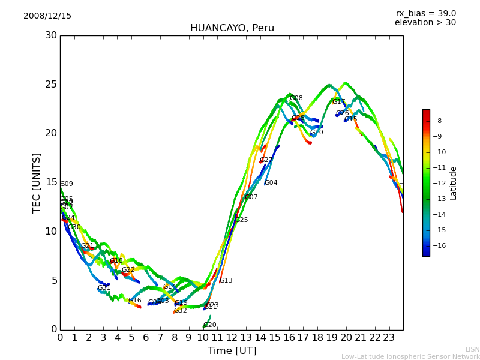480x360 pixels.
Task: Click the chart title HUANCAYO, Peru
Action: pos(232,28)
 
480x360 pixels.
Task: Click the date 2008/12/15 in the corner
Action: pos(47,16)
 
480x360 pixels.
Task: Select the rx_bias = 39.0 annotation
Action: pos(425,14)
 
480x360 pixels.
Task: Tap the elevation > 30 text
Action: pos(425,23)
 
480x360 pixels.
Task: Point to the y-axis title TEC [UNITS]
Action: pos(37,182)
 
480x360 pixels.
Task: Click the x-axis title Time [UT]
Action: pos(232,351)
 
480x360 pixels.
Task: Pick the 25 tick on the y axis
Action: pos(51,85)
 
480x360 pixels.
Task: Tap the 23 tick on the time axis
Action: pos(389,338)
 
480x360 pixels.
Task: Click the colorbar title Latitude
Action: pos(454,183)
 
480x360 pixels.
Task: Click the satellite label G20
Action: pos(210,325)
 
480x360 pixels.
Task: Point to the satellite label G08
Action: pos(296,98)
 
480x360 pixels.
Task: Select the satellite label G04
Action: pos(271,183)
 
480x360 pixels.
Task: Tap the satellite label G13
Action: pos(226,281)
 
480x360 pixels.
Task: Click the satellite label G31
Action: pos(104,288)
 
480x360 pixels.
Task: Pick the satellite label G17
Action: pos(339,102)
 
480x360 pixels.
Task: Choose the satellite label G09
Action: pos(67,184)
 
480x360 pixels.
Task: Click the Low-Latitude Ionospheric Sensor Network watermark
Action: pos(410,356)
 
